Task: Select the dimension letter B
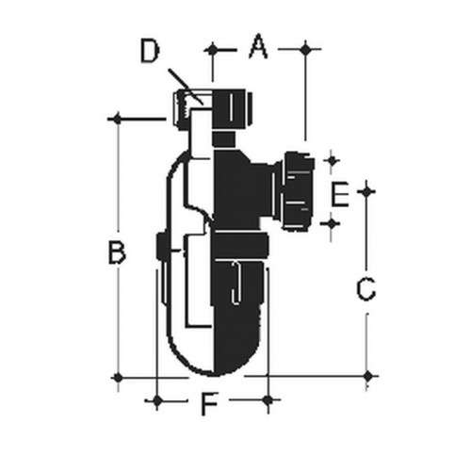pos(116,252)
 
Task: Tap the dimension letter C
pos(366,288)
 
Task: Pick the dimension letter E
pos(342,195)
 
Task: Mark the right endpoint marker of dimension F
pos(268,401)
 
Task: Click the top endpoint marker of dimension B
pos(117,118)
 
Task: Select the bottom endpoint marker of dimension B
pos(117,376)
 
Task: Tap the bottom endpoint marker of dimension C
pos(366,375)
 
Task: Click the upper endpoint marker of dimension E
pos(329,160)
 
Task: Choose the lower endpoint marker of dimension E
pos(329,222)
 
